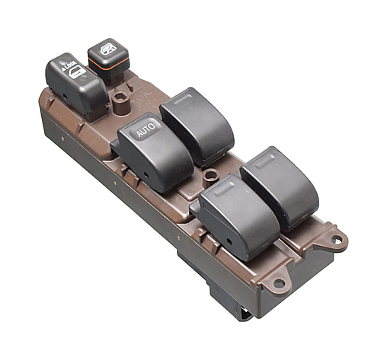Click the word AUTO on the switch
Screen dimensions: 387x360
pyautogui.click(x=146, y=130)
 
